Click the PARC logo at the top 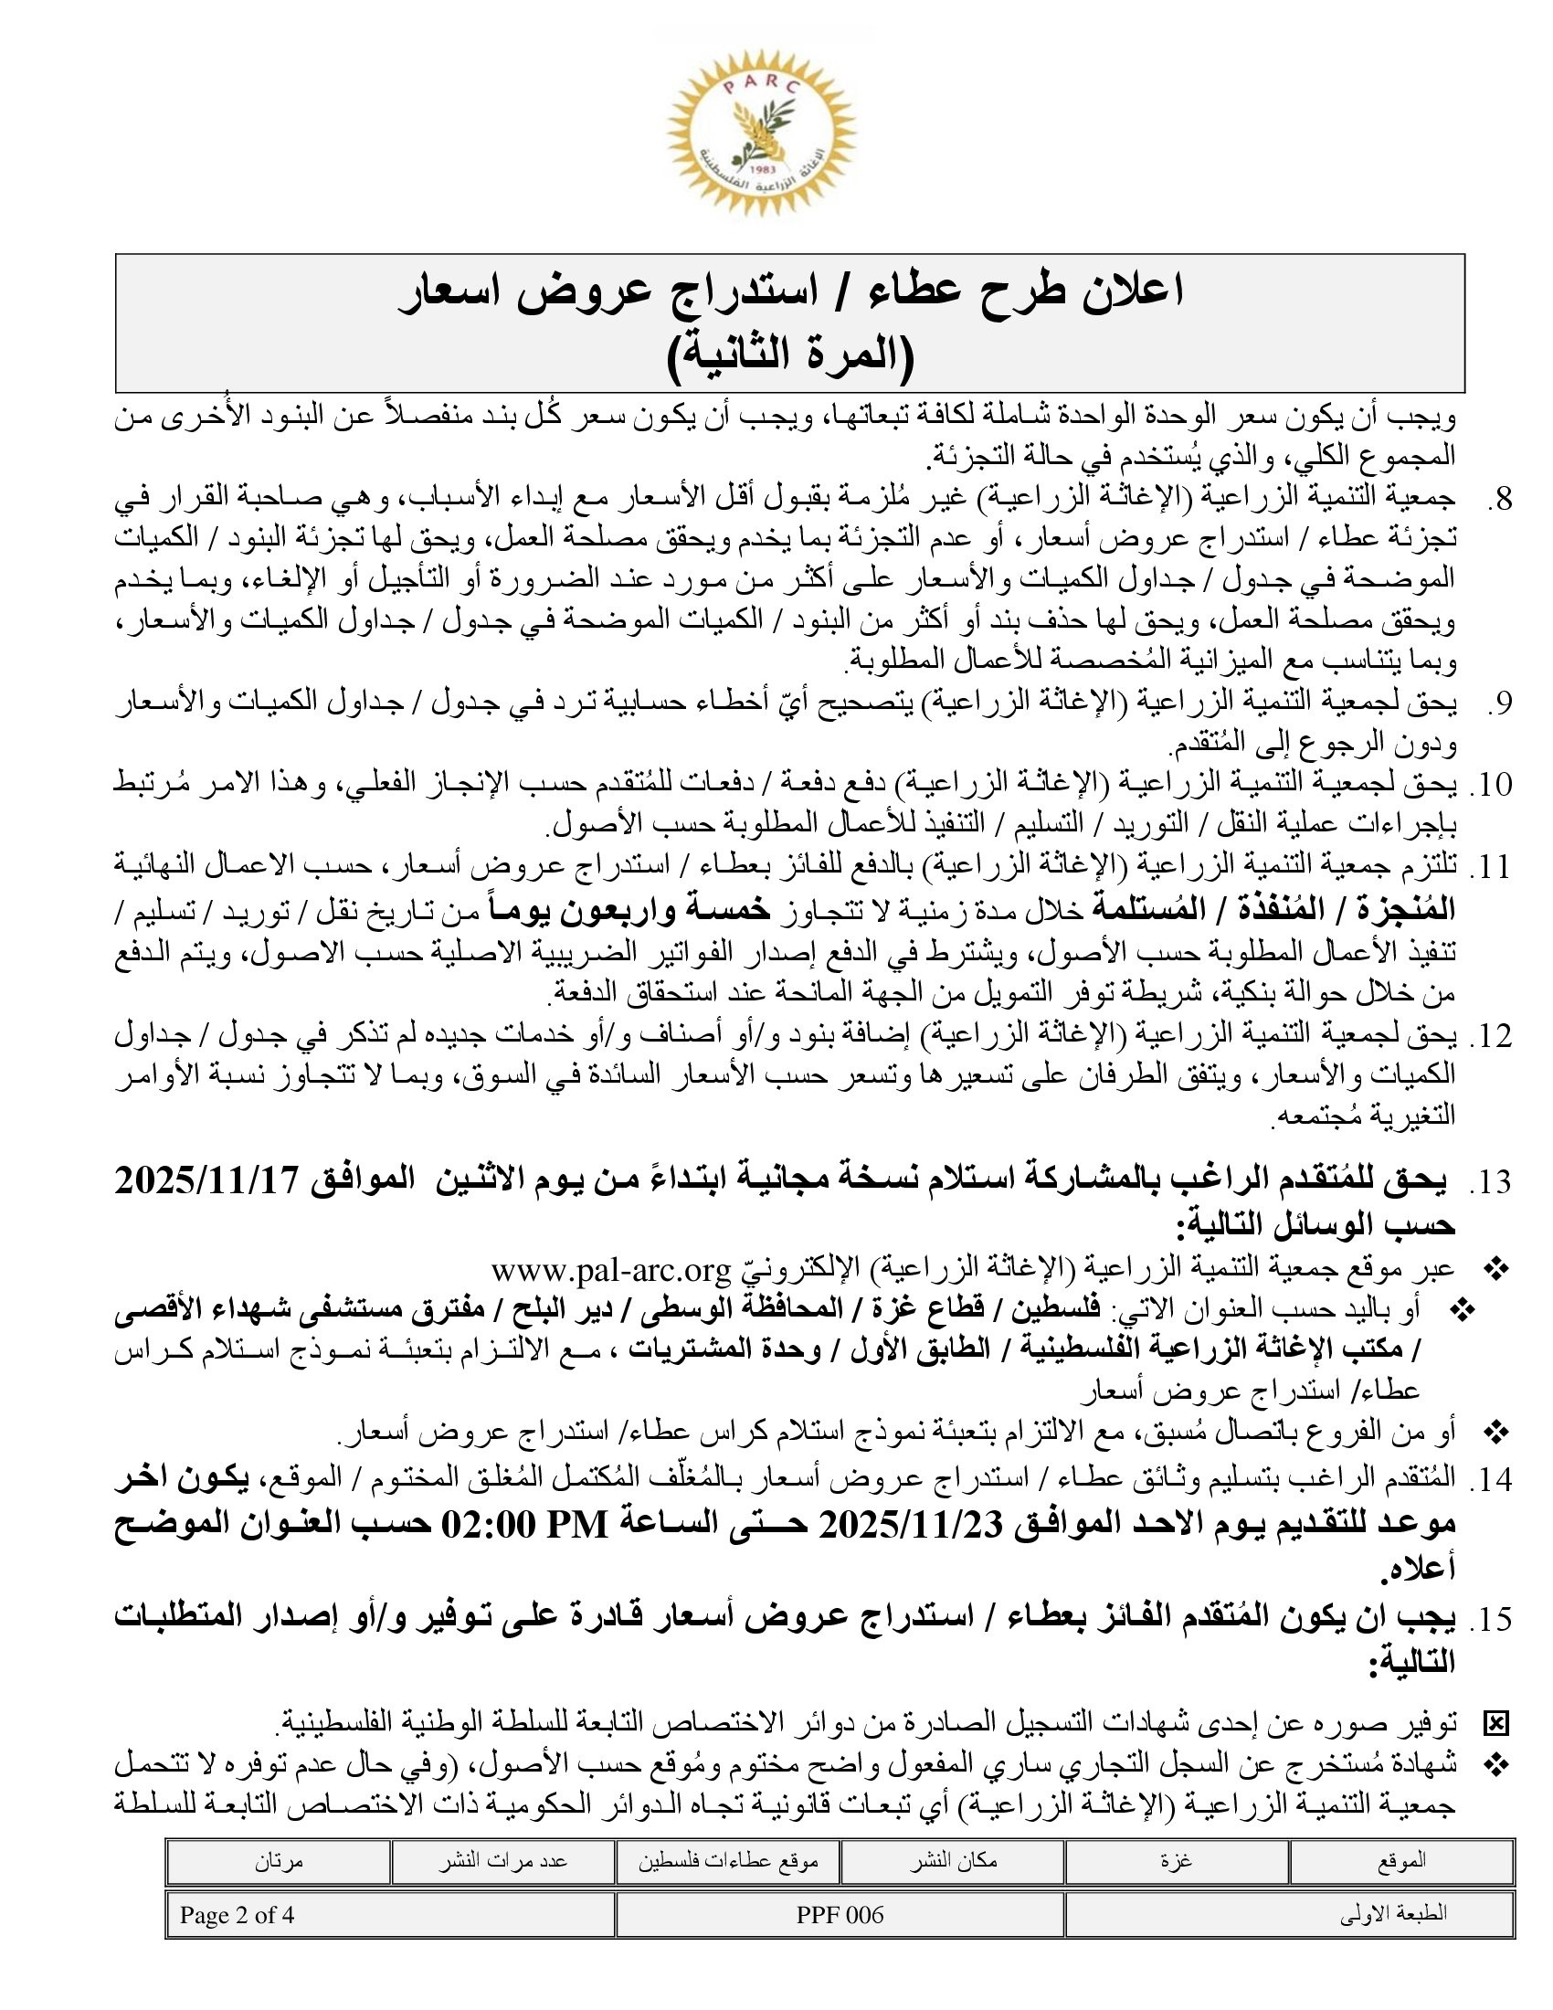click(x=762, y=132)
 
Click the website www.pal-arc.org click(x=611, y=1271)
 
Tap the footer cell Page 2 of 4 click(x=238, y=1915)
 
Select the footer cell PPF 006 click(x=840, y=1915)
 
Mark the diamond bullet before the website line click(x=1497, y=1271)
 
